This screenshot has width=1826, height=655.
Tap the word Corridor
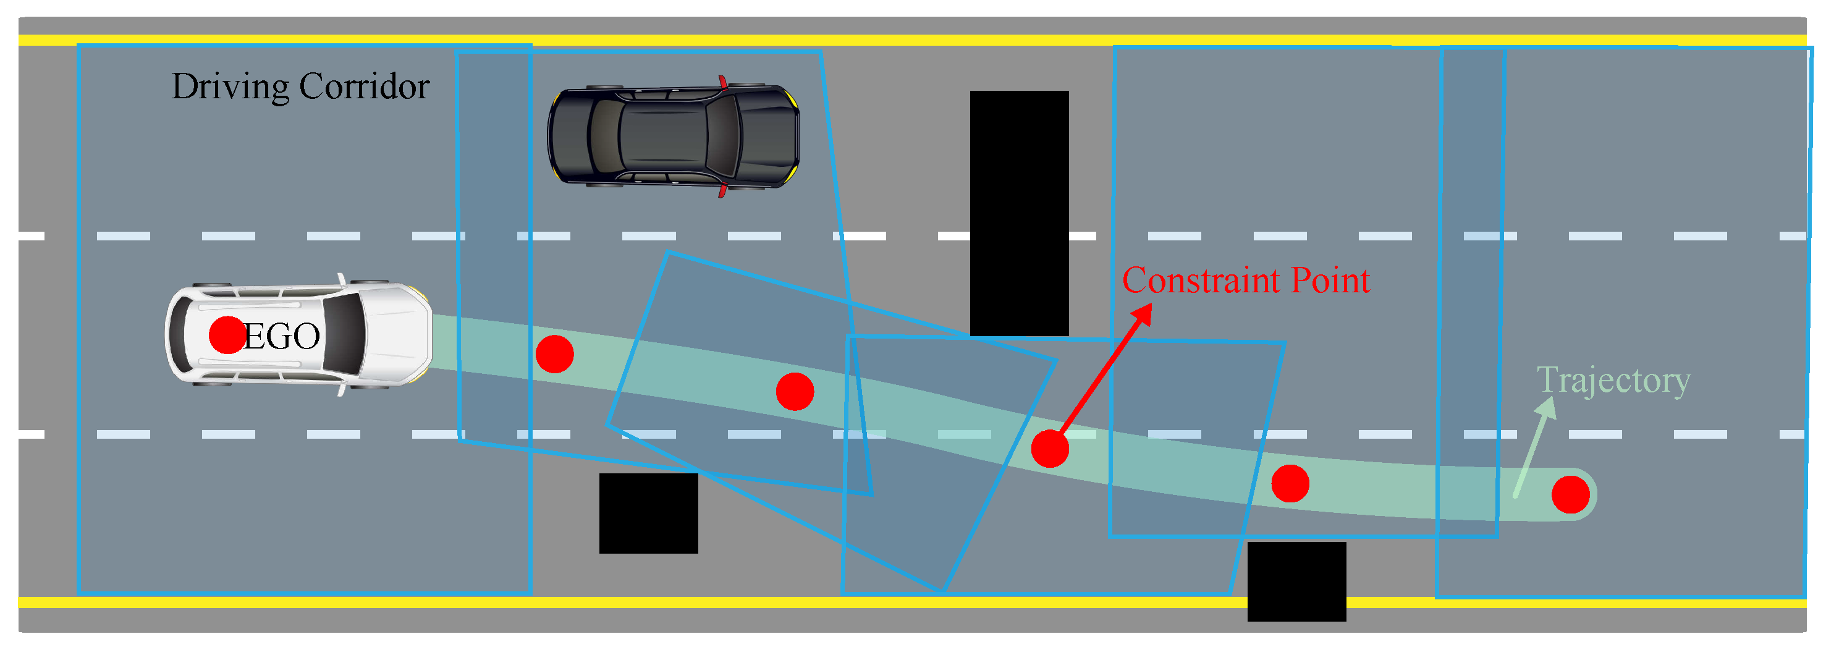pos(365,87)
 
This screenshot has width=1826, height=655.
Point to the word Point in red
pos(1330,281)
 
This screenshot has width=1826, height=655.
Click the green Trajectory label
pos(1613,381)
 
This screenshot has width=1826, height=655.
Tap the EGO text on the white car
pos(281,336)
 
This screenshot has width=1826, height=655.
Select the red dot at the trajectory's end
pos(1571,495)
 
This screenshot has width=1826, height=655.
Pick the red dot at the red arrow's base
pos(1050,449)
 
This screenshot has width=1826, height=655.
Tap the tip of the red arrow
pos(1152,304)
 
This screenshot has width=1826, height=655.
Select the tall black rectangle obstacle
pos(1020,213)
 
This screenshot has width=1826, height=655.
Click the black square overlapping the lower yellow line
pos(1296,582)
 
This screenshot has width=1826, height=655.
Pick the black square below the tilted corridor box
pos(649,514)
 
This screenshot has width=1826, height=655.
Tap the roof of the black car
pos(663,136)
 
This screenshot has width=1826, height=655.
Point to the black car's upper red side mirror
pos(722,82)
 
